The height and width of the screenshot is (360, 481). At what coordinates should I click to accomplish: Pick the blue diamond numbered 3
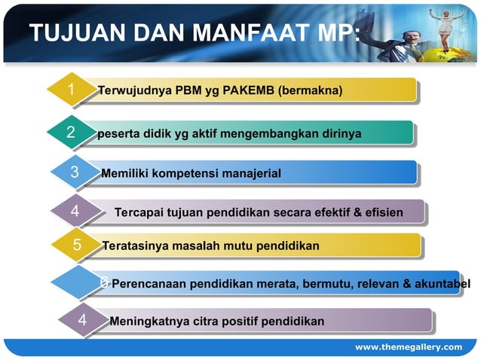coord(75,173)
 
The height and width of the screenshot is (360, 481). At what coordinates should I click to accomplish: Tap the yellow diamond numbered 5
coord(77,246)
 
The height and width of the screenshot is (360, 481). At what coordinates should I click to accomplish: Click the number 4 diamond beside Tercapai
coord(75,212)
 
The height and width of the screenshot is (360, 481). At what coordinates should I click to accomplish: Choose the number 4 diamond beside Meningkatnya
coord(82,322)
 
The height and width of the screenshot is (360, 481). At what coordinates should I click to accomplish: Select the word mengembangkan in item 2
coord(256,134)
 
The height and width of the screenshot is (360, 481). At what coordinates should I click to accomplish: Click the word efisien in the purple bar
coord(384,213)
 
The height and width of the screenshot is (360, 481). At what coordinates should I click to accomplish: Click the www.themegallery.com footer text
coord(409,346)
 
